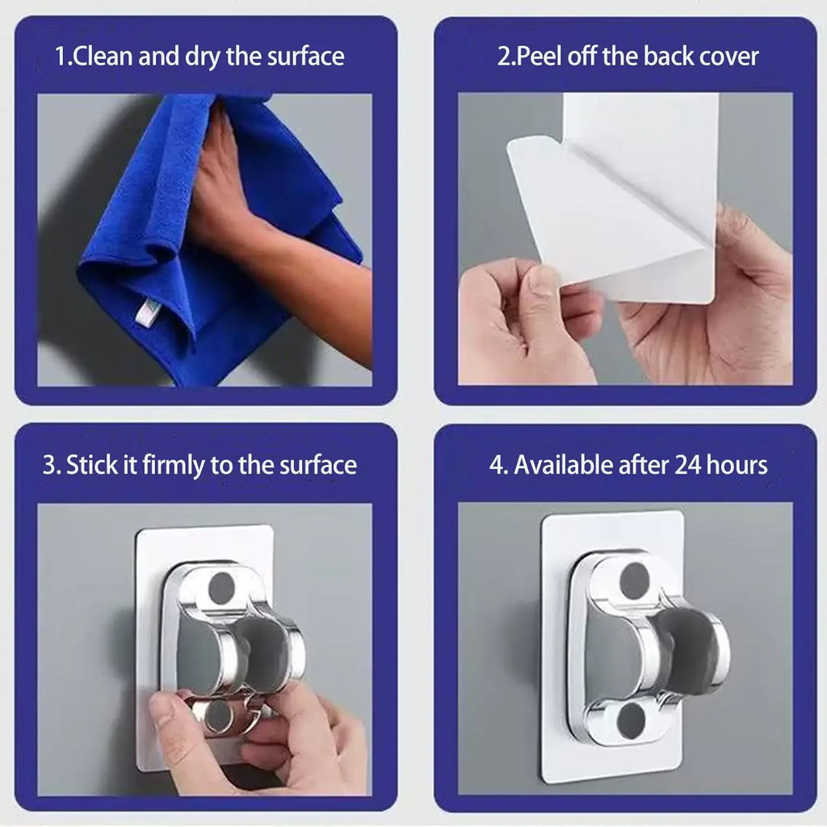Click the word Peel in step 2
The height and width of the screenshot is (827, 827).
pyautogui.click(x=537, y=57)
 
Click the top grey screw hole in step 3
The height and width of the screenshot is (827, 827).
pyautogui.click(x=220, y=588)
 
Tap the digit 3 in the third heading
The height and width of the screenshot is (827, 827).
pyautogui.click(x=48, y=465)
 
